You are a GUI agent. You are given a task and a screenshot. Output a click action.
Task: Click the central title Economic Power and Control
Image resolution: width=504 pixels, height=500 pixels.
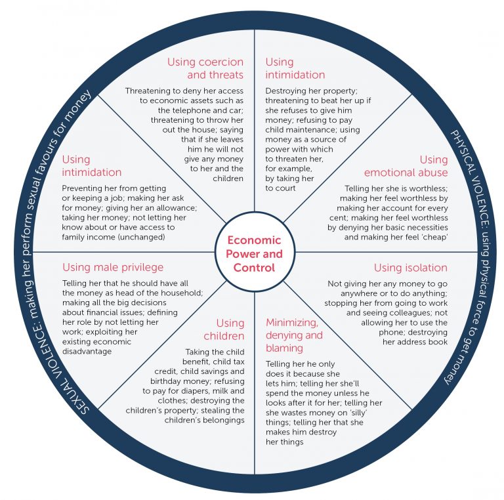[x=254, y=254]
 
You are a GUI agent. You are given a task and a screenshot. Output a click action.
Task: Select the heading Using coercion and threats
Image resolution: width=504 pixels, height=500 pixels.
[x=205, y=68]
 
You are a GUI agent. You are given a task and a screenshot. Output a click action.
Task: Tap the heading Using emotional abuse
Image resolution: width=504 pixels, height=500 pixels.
[x=406, y=166]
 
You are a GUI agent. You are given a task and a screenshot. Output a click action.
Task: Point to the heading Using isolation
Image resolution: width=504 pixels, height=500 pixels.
[x=410, y=268]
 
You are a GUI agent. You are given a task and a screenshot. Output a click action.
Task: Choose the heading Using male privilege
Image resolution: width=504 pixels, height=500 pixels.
[x=113, y=267]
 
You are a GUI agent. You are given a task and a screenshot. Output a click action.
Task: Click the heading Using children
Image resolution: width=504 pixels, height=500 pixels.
[x=224, y=329]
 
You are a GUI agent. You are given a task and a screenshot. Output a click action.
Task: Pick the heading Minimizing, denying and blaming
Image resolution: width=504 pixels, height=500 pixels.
[x=294, y=335]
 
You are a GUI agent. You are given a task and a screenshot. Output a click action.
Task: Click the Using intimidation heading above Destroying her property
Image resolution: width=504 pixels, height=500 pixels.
[x=295, y=68]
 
